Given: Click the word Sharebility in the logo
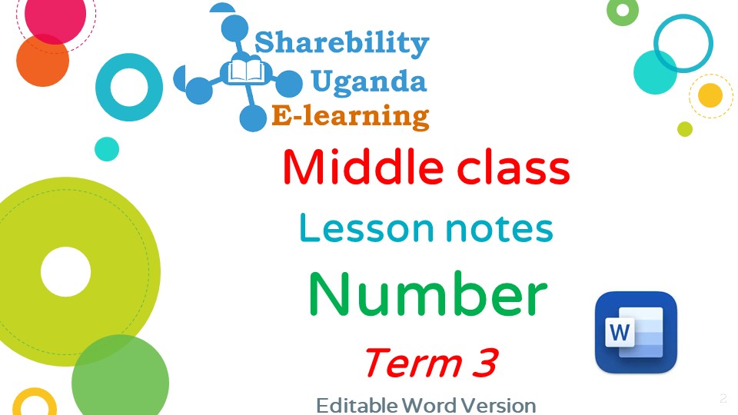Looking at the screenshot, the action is (341, 43).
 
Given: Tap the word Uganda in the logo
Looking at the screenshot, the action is (368, 82).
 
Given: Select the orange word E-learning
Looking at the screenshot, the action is (351, 117).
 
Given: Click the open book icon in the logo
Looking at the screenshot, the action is (246, 72).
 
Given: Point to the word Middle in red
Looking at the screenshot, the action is (363, 168).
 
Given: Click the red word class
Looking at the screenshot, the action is (514, 168).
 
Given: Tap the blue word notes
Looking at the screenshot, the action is (500, 229).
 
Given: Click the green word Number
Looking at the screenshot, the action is (427, 294).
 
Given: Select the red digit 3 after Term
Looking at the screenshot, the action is (485, 363).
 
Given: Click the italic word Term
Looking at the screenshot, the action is (413, 363).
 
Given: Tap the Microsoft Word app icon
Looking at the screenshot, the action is (636, 332).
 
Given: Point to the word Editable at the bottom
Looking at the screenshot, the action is (357, 406).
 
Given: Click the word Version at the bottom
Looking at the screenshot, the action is (498, 406).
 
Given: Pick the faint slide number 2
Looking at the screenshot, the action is (723, 398).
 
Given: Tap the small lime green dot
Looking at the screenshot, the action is (685, 129).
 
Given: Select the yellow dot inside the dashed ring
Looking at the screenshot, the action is (710, 95).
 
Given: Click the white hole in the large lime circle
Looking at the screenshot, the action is (66, 272).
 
